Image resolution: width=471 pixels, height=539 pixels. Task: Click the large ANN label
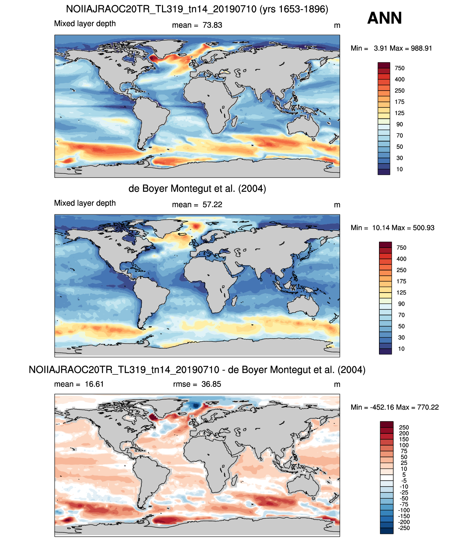[384, 18]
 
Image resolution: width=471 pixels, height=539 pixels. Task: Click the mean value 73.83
[212, 25]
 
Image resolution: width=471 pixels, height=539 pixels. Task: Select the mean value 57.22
[212, 205]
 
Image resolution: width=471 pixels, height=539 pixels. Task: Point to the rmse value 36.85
[211, 384]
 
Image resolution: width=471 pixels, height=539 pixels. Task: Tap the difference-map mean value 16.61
[94, 384]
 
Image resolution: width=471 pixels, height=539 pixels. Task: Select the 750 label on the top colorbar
[400, 68]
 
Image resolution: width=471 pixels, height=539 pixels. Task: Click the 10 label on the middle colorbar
[401, 349]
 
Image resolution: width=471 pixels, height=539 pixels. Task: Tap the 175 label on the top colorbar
[400, 102]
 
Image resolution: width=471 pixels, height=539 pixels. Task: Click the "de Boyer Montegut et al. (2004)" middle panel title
[197, 189]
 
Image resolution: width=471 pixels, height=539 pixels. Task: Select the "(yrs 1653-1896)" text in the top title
[294, 10]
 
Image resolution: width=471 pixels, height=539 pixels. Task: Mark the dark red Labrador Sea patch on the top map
[153, 58]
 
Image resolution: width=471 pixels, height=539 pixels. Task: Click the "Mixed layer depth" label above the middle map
[85, 203]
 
